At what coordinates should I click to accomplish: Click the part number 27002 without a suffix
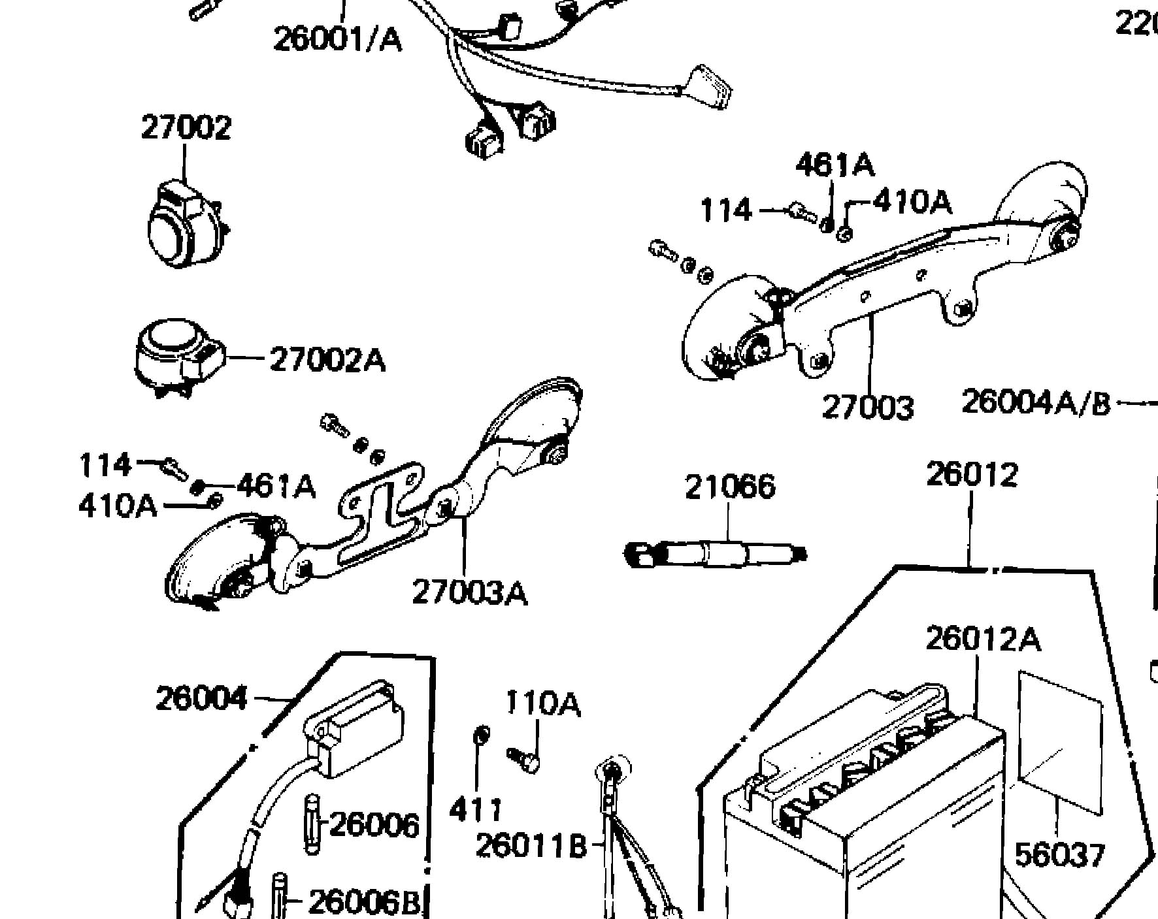click(186, 127)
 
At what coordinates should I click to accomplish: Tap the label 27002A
click(327, 359)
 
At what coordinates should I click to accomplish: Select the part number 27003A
click(469, 592)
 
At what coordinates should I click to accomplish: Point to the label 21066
click(730, 487)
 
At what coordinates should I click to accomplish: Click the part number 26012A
click(982, 639)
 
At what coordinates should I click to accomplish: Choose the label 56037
click(1059, 854)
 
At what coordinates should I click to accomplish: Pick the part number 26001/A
click(337, 40)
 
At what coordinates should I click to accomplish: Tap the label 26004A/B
click(1036, 402)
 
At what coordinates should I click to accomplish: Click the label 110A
click(542, 704)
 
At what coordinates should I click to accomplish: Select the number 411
click(476, 810)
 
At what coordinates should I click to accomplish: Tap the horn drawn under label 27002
click(184, 222)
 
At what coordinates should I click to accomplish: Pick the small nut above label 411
click(480, 734)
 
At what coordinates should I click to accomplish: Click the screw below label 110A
click(523, 760)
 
